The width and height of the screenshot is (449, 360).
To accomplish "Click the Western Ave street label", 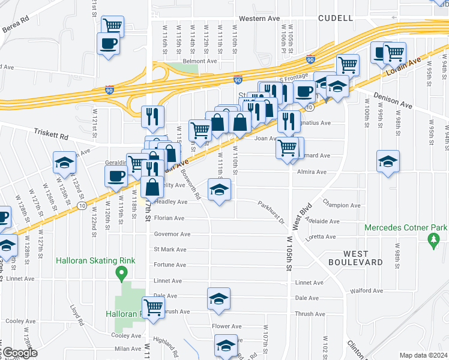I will (x=259, y=19).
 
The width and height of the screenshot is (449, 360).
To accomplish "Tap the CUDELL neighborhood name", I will (x=334, y=18).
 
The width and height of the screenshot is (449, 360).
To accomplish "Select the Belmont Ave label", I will (x=199, y=61).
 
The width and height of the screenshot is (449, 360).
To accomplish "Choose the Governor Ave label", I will (x=172, y=234).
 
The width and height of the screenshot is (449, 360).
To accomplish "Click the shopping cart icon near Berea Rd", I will (x=112, y=26).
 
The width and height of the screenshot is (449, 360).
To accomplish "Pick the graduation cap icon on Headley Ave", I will (x=219, y=190).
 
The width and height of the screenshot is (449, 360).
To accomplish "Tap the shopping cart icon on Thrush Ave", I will (x=154, y=307).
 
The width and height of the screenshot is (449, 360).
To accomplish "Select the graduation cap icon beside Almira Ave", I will (x=388, y=161).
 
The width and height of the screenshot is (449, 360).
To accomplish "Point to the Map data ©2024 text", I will (x=423, y=355).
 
